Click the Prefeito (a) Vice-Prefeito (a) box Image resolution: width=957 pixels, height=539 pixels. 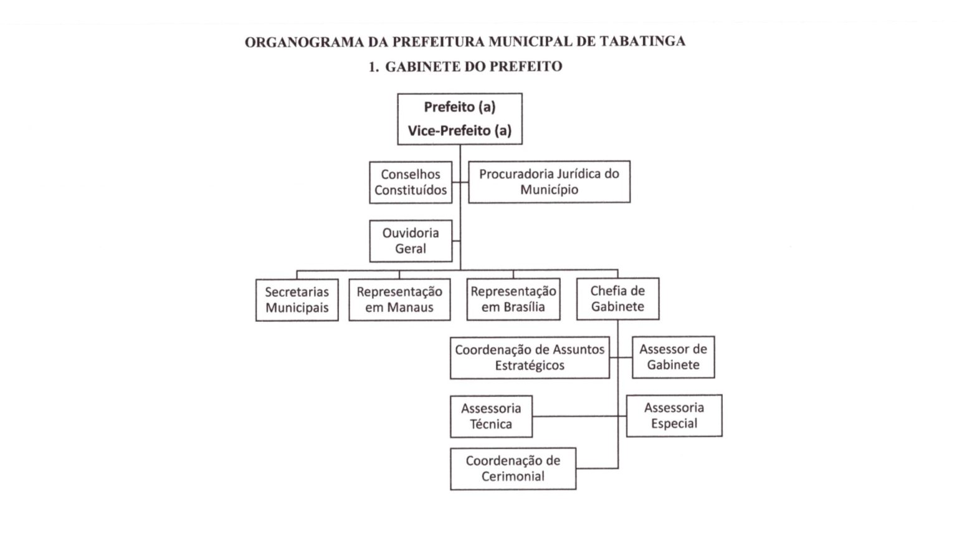(460, 119)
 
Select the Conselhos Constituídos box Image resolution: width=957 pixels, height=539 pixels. (411, 182)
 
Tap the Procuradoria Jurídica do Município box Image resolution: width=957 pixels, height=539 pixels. (549, 182)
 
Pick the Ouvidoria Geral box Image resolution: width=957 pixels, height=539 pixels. (411, 241)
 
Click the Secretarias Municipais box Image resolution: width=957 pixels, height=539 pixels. (297, 300)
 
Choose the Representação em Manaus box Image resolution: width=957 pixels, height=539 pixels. (399, 299)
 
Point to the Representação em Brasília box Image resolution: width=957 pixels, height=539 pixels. (513, 299)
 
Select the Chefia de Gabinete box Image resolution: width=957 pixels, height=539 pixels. (618, 299)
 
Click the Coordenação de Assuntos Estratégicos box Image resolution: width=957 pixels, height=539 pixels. (530, 357)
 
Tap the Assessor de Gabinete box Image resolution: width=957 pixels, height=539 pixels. (674, 357)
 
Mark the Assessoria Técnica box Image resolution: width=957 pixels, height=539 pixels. (492, 416)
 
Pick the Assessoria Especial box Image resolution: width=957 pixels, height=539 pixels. (674, 416)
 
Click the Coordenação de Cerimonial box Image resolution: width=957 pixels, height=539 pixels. (513, 469)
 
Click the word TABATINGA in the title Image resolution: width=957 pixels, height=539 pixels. (642, 42)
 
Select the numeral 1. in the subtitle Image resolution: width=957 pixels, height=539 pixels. (374, 67)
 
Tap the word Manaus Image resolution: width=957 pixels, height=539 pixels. (411, 307)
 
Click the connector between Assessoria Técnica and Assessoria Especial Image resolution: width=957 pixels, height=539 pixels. (579, 416)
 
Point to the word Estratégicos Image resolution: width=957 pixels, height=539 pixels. (530, 366)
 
